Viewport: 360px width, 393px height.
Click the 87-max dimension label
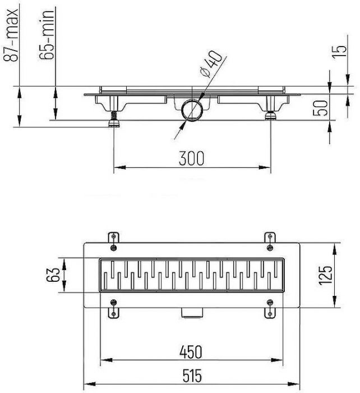pyautogui.click(x=11, y=35)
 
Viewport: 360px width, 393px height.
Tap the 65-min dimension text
pyautogui.click(x=47, y=35)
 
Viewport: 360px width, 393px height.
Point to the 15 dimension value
pyautogui.click(x=339, y=52)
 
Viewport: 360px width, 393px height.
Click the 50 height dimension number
pyautogui.click(x=320, y=108)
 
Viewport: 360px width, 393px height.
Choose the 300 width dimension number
pyautogui.click(x=192, y=158)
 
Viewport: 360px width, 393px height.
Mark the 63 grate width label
pyautogui.click(x=53, y=275)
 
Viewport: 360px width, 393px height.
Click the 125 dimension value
pyautogui.click(x=325, y=275)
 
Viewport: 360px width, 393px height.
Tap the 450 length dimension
pyautogui.click(x=191, y=351)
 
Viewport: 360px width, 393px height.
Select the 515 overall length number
pyautogui.click(x=192, y=376)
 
